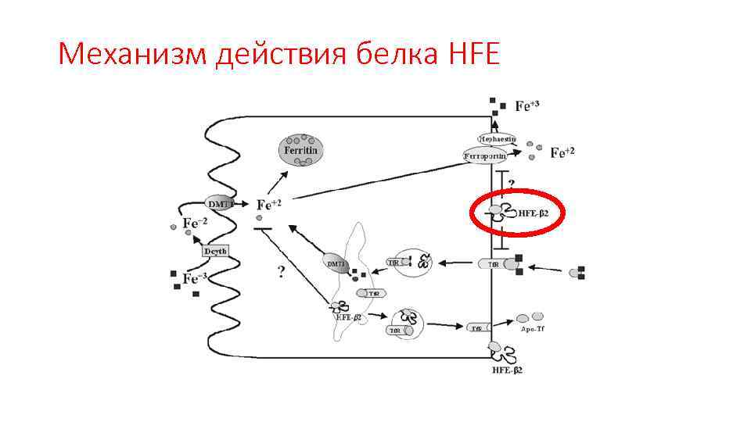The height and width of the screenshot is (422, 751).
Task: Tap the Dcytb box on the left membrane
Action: (x=215, y=252)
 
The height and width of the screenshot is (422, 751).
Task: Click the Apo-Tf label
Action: (x=532, y=329)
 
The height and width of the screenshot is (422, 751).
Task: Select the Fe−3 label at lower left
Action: (x=195, y=278)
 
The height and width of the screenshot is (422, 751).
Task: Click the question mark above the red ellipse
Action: (x=512, y=184)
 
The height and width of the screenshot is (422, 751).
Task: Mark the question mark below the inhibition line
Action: (x=280, y=273)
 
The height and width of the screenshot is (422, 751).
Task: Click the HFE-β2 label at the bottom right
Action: (x=507, y=369)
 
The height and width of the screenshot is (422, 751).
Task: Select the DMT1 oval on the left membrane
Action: (x=221, y=204)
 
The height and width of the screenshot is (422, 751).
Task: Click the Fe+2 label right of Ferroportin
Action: (x=562, y=153)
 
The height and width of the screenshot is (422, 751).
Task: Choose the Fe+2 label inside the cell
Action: (x=268, y=205)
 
